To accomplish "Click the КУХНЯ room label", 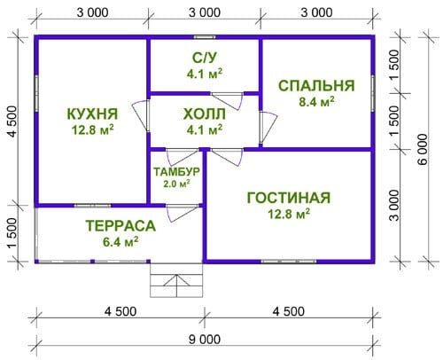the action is point(93,114).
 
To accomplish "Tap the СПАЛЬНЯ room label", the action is point(316,86).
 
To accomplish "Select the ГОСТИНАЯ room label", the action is point(289,198).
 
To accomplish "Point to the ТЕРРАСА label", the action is point(120,226).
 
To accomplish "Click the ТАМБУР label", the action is point(176,171).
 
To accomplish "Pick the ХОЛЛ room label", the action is point(205,114).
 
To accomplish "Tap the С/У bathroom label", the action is point(205,58).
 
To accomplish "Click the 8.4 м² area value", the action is point(316,102).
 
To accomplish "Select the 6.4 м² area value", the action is point(120,242).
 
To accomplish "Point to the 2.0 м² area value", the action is point(176,184).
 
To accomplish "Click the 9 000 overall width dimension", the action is point(205,340).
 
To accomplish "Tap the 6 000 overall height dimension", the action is point(423,149).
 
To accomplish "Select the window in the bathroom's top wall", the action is point(205,37).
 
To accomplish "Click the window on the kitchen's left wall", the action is point(36,93).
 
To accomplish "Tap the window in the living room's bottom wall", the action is point(289,262).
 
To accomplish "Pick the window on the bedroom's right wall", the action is point(373,93).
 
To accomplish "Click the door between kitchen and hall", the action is point(141,115).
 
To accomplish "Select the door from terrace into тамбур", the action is point(182,213).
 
